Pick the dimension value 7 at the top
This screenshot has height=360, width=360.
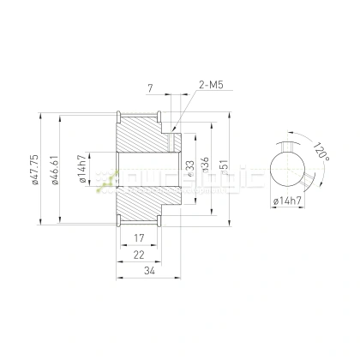(150, 87)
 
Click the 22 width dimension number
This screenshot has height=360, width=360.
(139, 255)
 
